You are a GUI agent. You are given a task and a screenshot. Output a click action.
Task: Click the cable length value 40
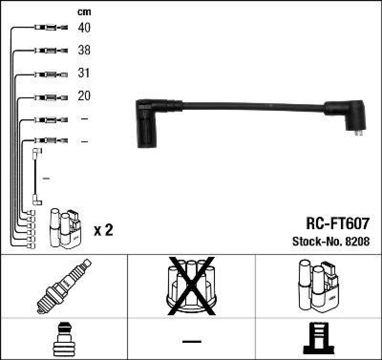click(x=84, y=28)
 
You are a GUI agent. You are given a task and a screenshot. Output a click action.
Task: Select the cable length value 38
click(x=84, y=51)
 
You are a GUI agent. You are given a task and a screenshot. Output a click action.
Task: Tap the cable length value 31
click(x=84, y=74)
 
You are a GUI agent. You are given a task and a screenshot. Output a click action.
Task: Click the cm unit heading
click(x=84, y=12)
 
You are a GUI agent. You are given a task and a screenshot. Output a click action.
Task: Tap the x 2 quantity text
click(x=103, y=231)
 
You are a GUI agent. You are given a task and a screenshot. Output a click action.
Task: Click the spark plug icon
click(x=64, y=286)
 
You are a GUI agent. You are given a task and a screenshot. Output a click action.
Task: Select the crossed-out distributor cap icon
click(x=191, y=286)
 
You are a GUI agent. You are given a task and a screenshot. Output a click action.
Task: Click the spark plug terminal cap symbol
click(x=64, y=338)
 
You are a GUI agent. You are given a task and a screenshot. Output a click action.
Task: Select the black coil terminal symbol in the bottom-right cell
click(x=318, y=338)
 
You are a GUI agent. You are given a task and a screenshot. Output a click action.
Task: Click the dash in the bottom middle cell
click(x=191, y=341)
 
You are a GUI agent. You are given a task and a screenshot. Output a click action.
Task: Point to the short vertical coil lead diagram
click(x=36, y=177)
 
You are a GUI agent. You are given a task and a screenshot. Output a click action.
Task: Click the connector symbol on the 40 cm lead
click(x=51, y=28)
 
